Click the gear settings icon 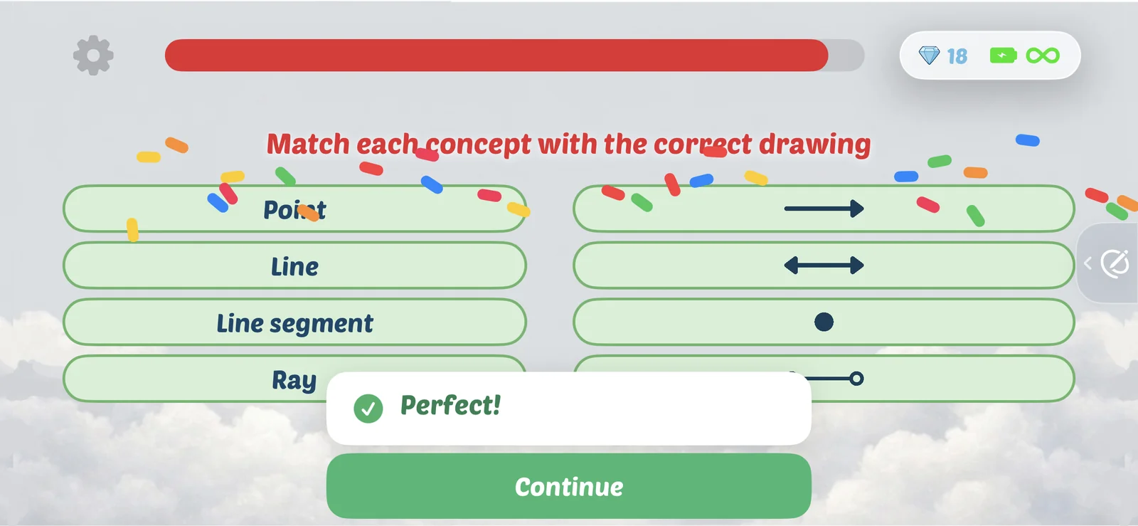[x=93, y=55]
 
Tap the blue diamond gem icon [x=929, y=56]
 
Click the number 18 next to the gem [x=957, y=56]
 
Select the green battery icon [x=1004, y=56]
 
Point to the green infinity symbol [x=1043, y=56]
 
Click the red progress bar [x=496, y=55]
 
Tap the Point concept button [x=294, y=209]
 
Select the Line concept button [x=294, y=265]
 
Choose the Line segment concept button [x=294, y=322]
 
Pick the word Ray [x=294, y=380]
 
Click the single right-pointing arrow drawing [x=824, y=209]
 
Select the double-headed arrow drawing [x=824, y=265]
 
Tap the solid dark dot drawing [x=824, y=322]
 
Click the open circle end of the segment [x=856, y=379]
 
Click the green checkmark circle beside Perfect [x=368, y=409]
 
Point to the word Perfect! [x=451, y=405]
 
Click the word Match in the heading [x=308, y=144]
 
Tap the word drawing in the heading [x=815, y=144]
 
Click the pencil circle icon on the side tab [x=1115, y=263]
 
